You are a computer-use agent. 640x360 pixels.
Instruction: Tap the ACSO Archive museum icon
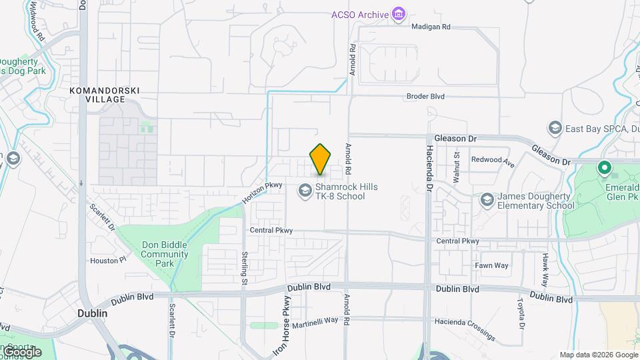point(399,14)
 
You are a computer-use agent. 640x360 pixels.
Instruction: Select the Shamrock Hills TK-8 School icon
point(305,191)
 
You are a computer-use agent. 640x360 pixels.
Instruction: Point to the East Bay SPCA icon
point(555,128)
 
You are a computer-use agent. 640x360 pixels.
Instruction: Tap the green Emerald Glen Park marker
point(605,169)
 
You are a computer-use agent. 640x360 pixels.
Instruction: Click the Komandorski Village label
point(105,94)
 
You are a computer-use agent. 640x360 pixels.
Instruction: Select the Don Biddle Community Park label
point(165,254)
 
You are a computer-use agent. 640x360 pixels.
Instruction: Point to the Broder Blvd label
point(425,97)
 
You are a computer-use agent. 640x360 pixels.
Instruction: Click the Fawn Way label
point(491,265)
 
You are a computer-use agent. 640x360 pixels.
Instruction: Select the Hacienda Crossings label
point(465,327)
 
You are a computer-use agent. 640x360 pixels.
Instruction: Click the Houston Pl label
point(108,261)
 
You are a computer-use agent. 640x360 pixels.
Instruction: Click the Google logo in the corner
point(21,352)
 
